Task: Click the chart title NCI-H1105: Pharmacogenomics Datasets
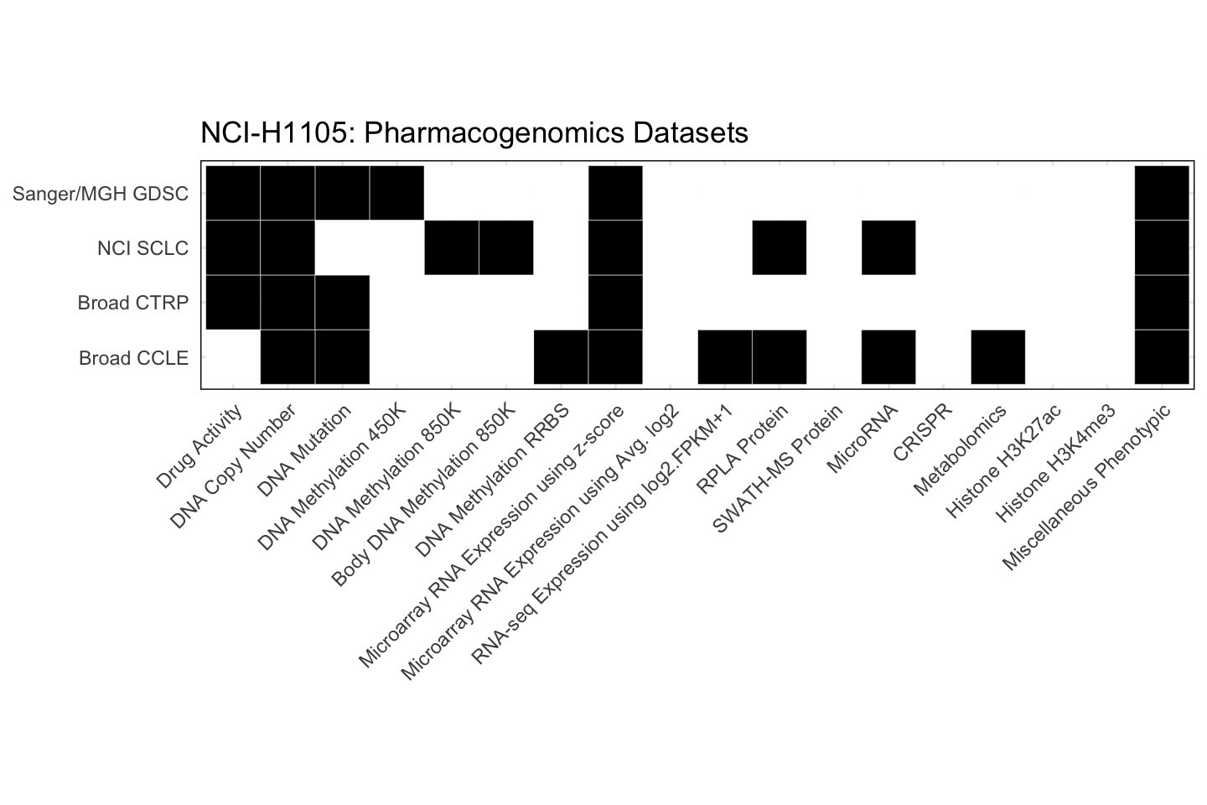coord(474,133)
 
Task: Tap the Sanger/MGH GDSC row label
coord(101,195)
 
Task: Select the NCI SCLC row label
coord(142,249)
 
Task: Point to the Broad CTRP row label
coord(133,303)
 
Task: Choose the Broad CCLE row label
coord(133,358)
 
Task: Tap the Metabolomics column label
coord(961,449)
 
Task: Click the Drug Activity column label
coord(201,444)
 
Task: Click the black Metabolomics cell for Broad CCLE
coord(997,357)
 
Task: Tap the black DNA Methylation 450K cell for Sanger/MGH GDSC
coord(396,193)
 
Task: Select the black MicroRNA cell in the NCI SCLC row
coord(888,247)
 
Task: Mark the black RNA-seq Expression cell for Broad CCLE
coord(724,357)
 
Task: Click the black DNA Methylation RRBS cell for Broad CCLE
coord(561,357)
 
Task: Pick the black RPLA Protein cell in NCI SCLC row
coord(780,247)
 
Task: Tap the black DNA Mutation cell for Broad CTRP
coord(342,302)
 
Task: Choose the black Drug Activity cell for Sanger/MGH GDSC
coord(233,193)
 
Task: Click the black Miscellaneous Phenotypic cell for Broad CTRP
coord(1162,302)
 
